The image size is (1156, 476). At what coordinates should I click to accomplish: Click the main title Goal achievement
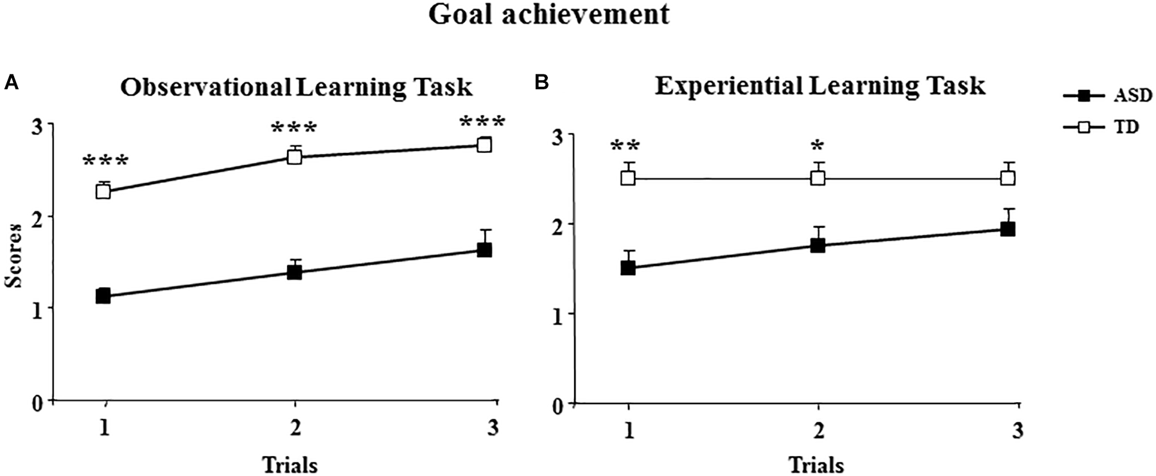coord(549,14)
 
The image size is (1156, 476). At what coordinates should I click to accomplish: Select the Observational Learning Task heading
coord(296,87)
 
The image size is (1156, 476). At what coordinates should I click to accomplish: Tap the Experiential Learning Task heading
coord(819,85)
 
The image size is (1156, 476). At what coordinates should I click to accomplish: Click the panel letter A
coord(10,83)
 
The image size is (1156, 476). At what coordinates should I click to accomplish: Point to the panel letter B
coord(541,83)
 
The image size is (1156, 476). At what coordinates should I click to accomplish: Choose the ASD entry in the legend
coord(1132,96)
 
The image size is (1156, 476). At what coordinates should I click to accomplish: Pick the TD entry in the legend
coord(1125,127)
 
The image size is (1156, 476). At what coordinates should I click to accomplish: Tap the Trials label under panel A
coord(290,464)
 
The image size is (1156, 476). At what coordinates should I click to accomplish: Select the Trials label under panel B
coord(816,464)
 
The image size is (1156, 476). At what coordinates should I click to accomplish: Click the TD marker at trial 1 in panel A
coord(103,191)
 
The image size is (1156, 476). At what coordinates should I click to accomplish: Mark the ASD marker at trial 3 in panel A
coord(485,250)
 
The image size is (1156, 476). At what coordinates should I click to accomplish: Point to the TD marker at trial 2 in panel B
coord(818,178)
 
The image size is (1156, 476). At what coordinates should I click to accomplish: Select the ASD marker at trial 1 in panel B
coord(628,268)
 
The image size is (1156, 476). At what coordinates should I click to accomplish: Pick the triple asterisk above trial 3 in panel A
coord(482,122)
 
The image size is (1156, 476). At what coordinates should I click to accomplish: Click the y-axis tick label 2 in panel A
coord(39,216)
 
